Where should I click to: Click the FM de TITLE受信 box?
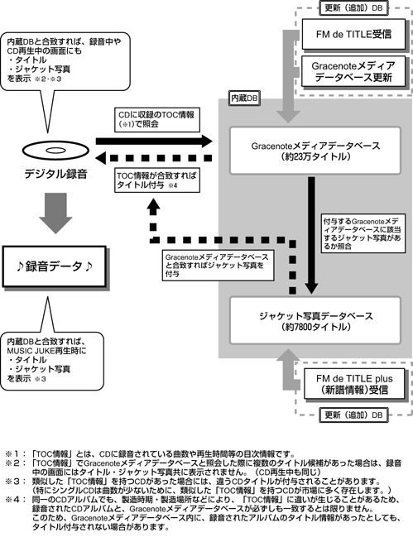(353, 34)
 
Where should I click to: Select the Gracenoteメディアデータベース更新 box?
(353, 71)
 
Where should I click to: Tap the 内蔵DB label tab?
(244, 98)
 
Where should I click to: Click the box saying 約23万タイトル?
(315, 151)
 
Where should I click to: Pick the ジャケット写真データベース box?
(315, 320)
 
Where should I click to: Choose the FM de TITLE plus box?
(354, 384)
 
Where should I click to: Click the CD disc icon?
(55, 151)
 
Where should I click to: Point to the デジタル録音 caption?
(55, 174)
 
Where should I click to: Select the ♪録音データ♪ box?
(55, 266)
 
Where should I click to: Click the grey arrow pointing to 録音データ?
(55, 213)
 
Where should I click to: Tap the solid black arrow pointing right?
(154, 141)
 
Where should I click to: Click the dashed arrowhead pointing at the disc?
(102, 158)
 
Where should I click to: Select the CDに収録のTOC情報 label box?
(157, 120)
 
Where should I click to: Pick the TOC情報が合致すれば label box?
(157, 180)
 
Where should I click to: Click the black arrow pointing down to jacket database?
(311, 236)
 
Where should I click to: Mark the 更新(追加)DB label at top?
(353, 7)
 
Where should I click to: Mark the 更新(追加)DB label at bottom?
(353, 415)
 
